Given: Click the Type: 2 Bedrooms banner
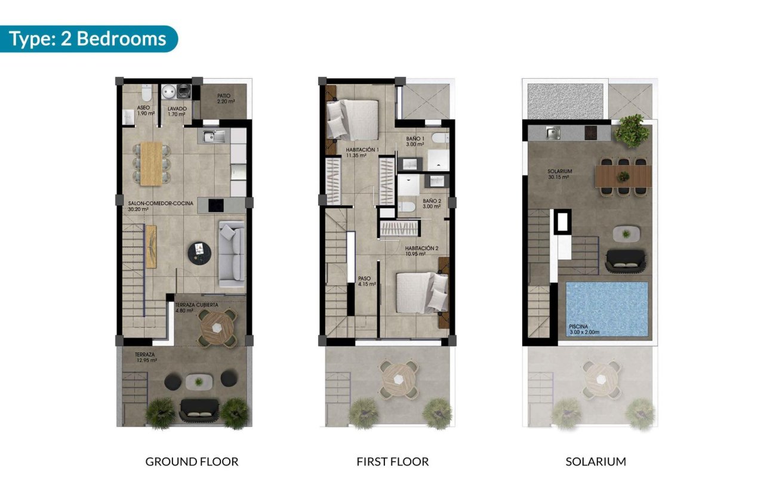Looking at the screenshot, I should [x=88, y=39].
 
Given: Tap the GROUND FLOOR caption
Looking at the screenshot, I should [x=192, y=462].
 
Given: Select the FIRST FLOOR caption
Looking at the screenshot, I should [x=392, y=462].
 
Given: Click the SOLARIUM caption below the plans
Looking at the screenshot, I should [x=595, y=462].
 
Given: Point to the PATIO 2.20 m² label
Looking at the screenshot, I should [x=223, y=98].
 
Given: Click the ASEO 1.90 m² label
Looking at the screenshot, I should [x=129, y=111].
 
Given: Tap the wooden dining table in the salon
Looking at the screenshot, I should [x=150, y=163].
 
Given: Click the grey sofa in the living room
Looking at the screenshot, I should [x=232, y=253].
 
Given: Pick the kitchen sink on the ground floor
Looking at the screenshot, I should [x=212, y=137].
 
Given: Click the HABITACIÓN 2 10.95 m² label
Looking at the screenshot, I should [x=422, y=250].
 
